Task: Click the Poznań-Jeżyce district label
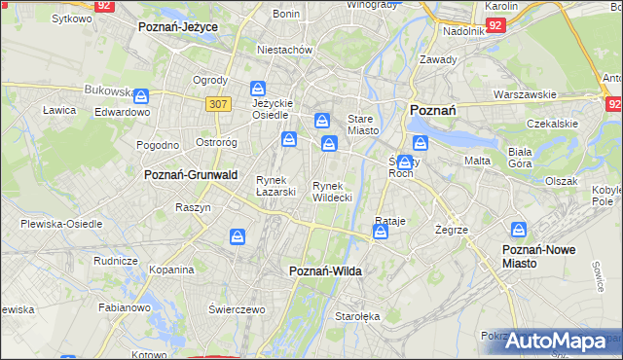click(178, 27)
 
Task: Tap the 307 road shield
click(219, 103)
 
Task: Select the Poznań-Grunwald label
click(191, 175)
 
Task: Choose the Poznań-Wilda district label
click(326, 271)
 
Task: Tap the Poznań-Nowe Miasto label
click(538, 256)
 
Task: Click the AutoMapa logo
click(555, 341)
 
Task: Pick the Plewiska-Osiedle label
click(61, 223)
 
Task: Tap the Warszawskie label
click(525, 94)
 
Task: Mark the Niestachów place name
click(283, 49)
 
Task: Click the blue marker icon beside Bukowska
click(142, 96)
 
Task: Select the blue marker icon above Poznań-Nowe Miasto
click(519, 230)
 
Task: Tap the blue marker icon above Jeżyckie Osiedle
click(257, 87)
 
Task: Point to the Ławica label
click(59, 110)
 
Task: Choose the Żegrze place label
click(453, 230)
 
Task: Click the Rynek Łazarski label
click(275, 185)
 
